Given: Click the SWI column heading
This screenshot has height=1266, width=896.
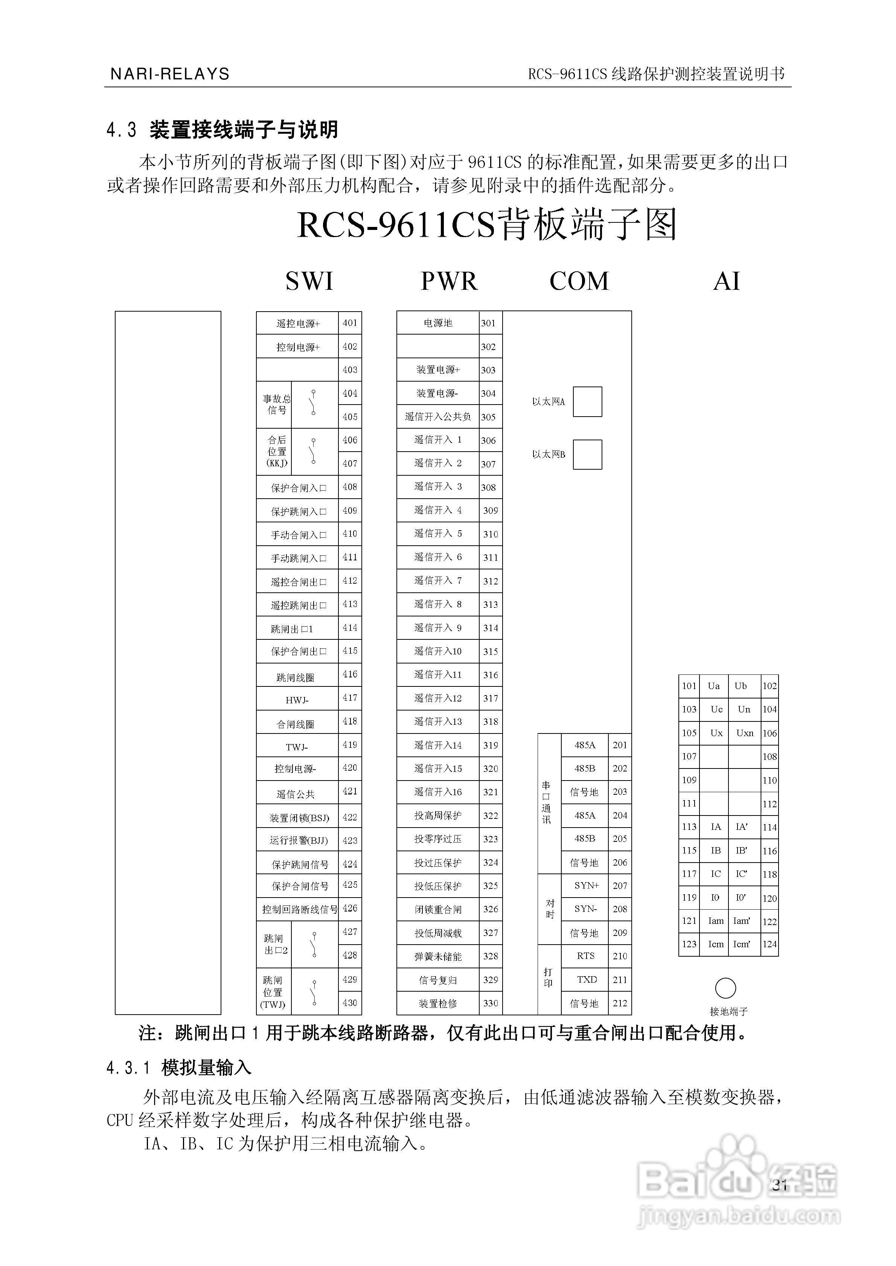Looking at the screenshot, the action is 309,281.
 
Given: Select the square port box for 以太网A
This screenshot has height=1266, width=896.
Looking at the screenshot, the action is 587,402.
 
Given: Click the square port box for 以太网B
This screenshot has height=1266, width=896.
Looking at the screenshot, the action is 587,454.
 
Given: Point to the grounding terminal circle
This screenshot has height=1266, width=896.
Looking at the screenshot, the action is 725,988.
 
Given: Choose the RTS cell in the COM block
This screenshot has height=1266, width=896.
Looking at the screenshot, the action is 585,956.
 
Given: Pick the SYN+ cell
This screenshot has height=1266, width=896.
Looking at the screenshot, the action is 586,886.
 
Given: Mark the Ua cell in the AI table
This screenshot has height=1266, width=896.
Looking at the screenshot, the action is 714,686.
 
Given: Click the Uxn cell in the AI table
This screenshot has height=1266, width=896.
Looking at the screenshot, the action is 744,733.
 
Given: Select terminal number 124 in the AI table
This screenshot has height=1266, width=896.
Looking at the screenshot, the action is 770,944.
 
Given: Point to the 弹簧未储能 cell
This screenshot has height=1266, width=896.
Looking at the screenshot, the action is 437,956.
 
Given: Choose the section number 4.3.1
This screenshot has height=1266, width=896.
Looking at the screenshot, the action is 128,1068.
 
